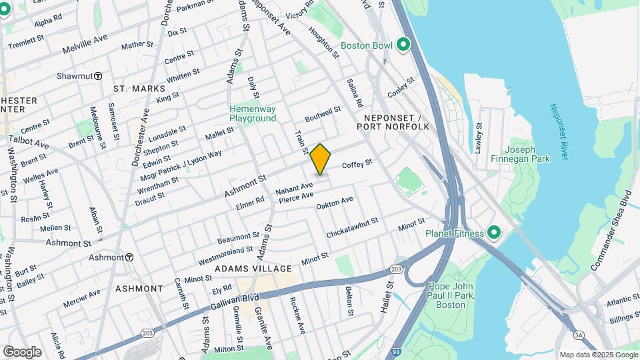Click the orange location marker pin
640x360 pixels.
coord(321,159)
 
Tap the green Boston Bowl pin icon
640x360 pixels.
coord(403,45)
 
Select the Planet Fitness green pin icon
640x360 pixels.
coord(493,233)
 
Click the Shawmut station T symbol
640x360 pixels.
coord(98,76)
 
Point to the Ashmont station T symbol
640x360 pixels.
coord(129,257)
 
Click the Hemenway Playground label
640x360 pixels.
coord(253,113)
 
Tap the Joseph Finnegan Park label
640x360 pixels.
coord(527,154)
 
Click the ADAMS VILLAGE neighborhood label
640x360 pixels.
coord(253,269)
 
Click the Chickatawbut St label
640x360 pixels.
coord(352,228)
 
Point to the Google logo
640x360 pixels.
coord(22,352)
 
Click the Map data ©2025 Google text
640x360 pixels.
coord(599,355)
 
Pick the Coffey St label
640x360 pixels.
coord(357,164)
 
